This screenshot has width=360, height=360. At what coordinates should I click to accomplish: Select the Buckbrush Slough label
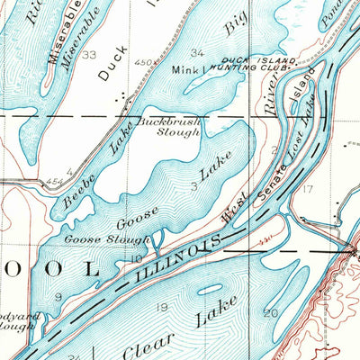[172, 126]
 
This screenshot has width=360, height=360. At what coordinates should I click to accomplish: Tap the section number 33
[89, 55]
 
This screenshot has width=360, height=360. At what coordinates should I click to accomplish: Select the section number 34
[197, 54]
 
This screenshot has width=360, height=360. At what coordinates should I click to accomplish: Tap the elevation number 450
[141, 62]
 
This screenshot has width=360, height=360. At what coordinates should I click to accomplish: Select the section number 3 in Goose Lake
[194, 185]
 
